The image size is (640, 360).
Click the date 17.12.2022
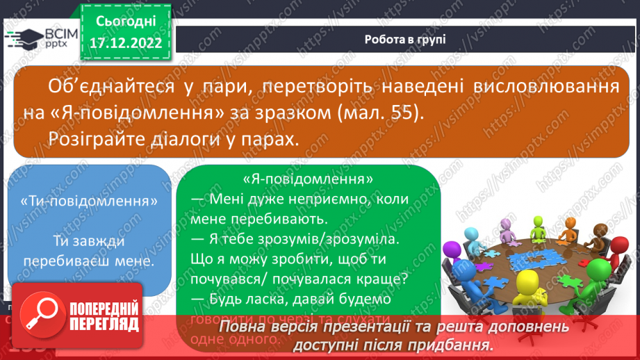point(125,42)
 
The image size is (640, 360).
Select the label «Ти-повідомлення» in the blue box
point(89,200)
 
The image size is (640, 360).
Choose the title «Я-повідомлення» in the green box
point(309,179)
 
